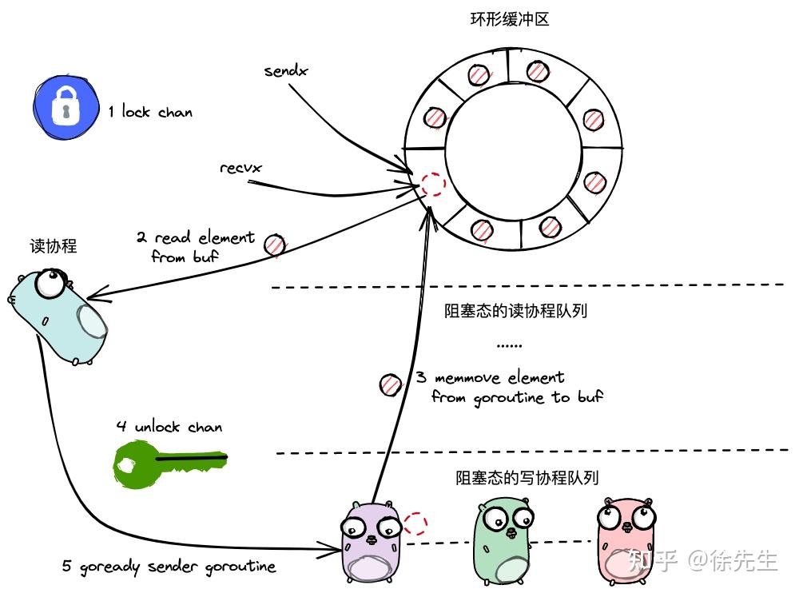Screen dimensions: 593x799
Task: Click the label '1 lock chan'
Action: (x=150, y=112)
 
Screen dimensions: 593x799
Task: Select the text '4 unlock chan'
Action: (x=169, y=427)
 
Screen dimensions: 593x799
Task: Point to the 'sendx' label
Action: (x=286, y=71)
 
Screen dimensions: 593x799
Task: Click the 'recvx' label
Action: (x=240, y=168)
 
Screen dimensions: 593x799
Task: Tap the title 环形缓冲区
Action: (x=510, y=19)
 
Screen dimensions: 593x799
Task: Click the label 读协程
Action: (x=53, y=246)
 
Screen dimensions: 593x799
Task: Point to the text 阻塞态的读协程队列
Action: (x=515, y=311)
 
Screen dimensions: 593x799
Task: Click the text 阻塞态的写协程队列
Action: (x=527, y=478)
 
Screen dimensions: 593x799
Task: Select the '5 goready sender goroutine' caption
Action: (x=169, y=567)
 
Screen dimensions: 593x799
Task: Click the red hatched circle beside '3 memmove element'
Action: (x=390, y=384)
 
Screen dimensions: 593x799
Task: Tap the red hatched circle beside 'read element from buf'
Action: (x=275, y=245)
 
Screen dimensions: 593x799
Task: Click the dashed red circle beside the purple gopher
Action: (x=415, y=523)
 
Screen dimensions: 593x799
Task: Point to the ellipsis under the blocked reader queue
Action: (x=509, y=345)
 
